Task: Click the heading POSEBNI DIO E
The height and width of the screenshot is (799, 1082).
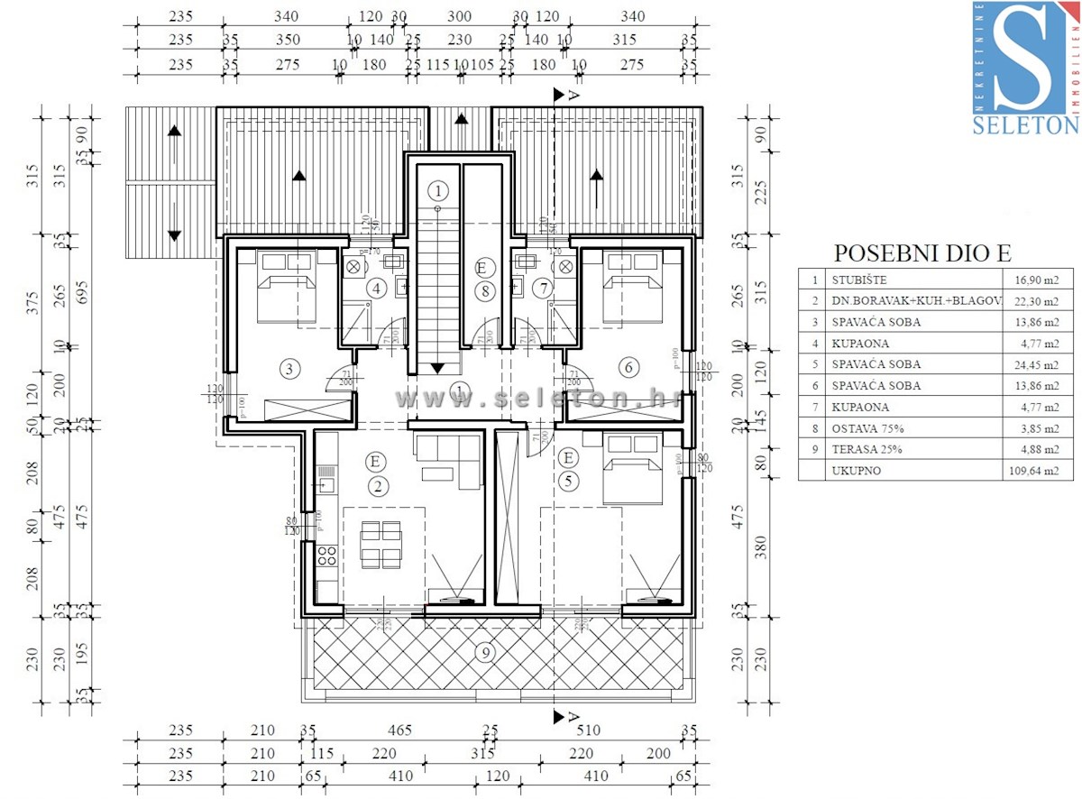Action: (x=922, y=253)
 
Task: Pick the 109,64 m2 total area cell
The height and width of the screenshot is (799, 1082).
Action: (x=1033, y=471)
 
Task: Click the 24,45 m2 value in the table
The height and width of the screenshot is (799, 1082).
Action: (x=1033, y=365)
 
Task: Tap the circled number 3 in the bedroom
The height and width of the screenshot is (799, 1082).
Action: (x=289, y=368)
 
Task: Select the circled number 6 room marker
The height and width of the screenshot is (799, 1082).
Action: (x=629, y=367)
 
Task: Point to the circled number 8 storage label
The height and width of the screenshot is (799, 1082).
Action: (x=485, y=291)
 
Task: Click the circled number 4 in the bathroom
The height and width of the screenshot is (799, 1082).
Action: (x=376, y=289)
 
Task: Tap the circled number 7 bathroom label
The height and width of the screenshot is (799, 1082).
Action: (x=542, y=289)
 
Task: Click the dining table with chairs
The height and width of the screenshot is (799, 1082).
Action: (x=380, y=545)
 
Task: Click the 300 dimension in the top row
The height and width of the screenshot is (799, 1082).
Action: (x=459, y=16)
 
